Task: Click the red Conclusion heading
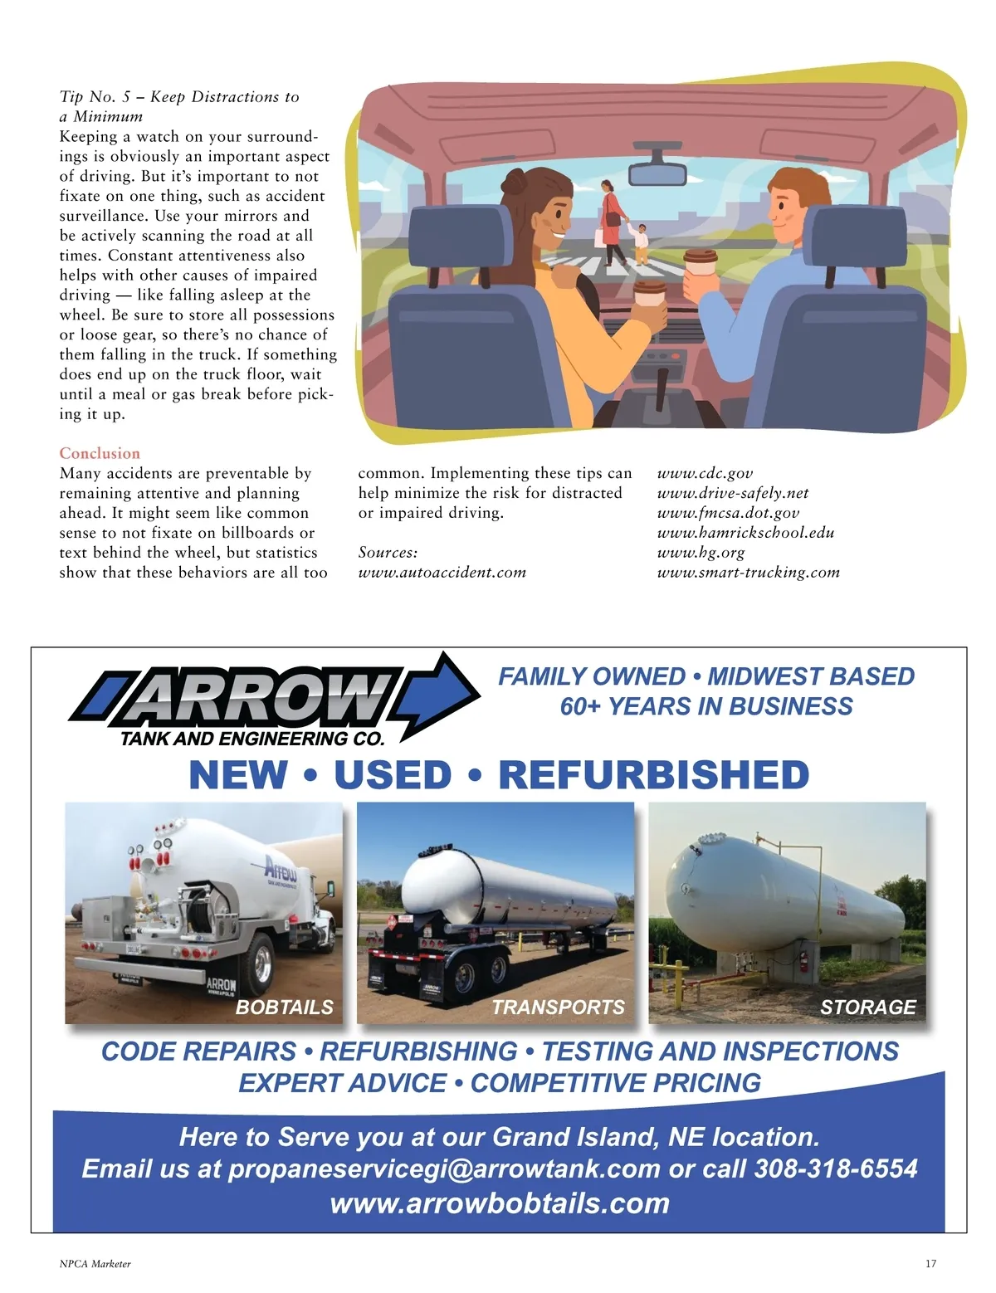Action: [100, 453]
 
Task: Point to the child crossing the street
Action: [640, 242]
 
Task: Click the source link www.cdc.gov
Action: [705, 473]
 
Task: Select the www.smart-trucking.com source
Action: [748, 572]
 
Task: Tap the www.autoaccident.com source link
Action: [442, 572]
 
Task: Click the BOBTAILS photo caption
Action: [284, 1007]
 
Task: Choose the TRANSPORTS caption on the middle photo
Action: [558, 1007]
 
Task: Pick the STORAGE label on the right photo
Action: [867, 1007]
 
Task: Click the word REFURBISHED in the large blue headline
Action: [653, 775]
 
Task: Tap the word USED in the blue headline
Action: [393, 775]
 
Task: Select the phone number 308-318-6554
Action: [835, 1169]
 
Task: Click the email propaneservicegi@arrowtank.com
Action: [443, 1169]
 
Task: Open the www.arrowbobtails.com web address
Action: [500, 1203]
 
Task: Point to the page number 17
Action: [930, 1264]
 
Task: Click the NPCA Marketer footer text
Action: [95, 1264]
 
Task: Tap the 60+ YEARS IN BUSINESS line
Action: [706, 706]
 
